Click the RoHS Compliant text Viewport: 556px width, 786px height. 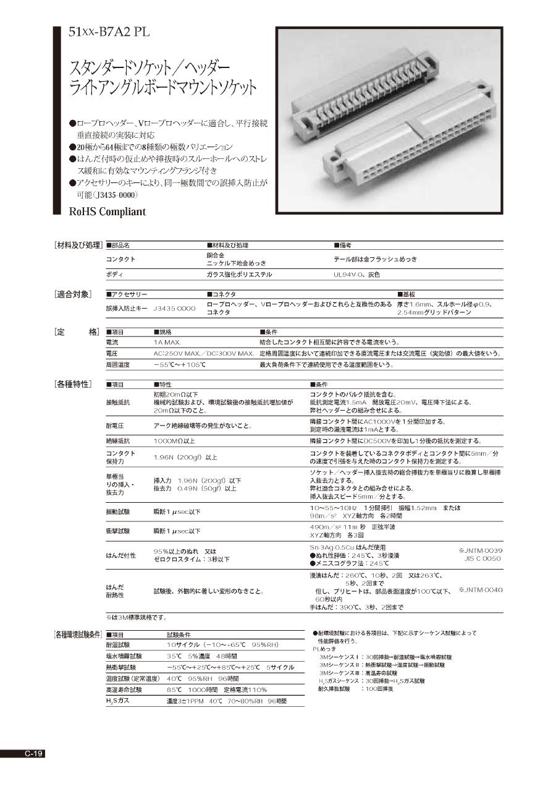pyautogui.click(x=107, y=211)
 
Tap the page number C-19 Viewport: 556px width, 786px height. pyautogui.click(x=33, y=753)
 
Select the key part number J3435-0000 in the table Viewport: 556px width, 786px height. pyautogui.click(x=174, y=308)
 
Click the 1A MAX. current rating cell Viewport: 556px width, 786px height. pyautogui.click(x=167, y=342)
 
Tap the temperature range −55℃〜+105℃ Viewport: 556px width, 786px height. pyautogui.click(x=179, y=365)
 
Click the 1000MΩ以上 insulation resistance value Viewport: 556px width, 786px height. pyautogui.click(x=174, y=441)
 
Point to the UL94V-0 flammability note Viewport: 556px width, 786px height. pyautogui.click(x=356, y=275)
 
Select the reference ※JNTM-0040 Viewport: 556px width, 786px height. pyautogui.click(x=480, y=590)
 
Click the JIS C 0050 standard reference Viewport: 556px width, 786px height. pyautogui.click(x=483, y=558)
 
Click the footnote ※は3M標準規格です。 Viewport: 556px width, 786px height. pyautogui.click(x=136, y=617)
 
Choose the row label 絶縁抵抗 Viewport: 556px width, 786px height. pyautogui.click(x=118, y=441)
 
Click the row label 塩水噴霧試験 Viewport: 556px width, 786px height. pyautogui.click(x=124, y=656)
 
